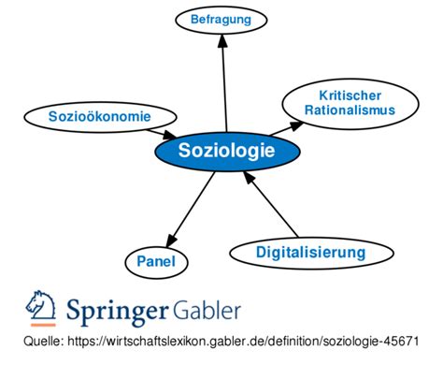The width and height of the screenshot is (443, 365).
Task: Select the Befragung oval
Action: (221, 19)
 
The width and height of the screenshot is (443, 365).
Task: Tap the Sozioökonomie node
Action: (100, 116)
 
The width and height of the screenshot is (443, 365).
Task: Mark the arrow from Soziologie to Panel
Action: (190, 207)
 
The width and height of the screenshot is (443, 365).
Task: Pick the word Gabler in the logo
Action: (207, 309)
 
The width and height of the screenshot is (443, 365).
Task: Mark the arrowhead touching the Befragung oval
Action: (222, 43)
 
